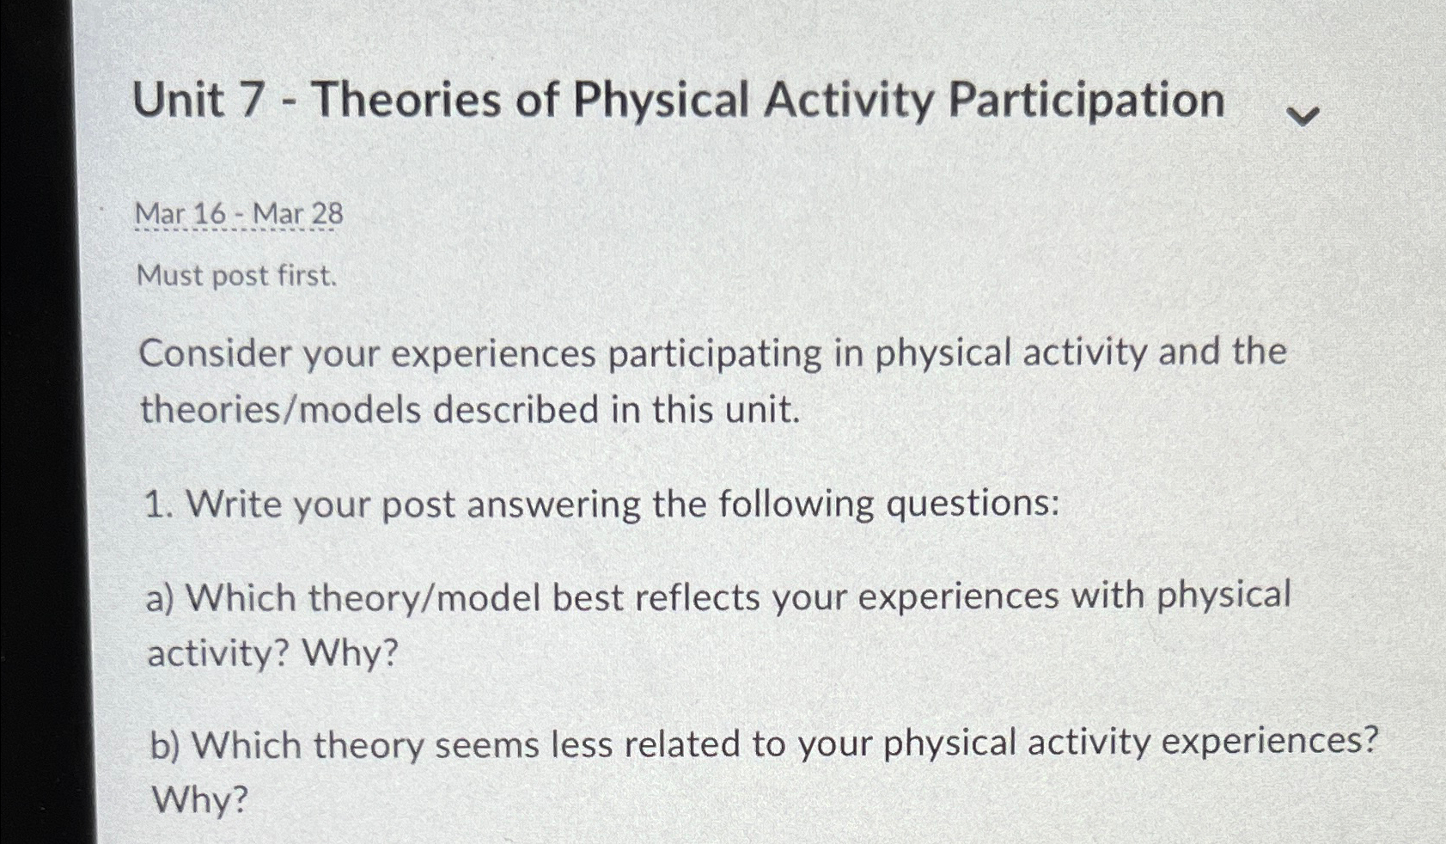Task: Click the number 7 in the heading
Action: [250, 100]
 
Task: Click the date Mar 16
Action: [180, 213]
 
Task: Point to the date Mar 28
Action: [297, 213]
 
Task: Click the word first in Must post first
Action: [308, 276]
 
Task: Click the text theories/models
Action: [281, 410]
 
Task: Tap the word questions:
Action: [973, 503]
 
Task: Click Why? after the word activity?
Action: [351, 654]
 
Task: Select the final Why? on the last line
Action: [200, 800]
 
